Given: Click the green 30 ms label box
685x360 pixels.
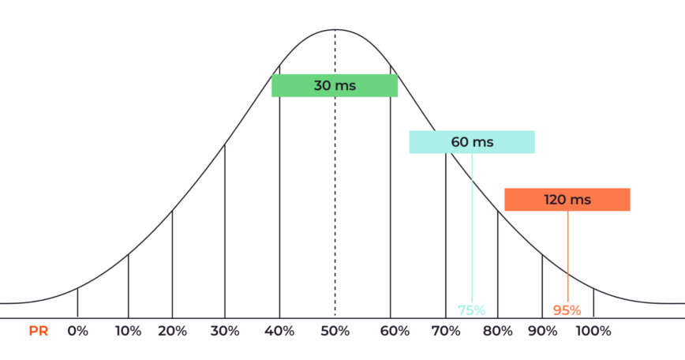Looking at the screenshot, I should (335, 85).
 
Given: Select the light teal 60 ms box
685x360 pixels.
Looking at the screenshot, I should (472, 142).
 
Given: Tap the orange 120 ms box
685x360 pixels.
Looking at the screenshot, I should (567, 200).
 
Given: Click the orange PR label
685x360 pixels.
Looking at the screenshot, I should (39, 332).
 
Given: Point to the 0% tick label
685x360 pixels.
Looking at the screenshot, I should (77, 332).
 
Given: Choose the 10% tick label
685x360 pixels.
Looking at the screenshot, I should (128, 332).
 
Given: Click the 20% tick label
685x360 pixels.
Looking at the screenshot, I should (172, 332).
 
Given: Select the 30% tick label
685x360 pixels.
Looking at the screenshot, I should (225, 332).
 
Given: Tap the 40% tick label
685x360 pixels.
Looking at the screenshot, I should (279, 332).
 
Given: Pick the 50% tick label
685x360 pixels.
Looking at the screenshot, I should (335, 332).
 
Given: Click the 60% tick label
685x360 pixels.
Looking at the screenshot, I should (390, 332).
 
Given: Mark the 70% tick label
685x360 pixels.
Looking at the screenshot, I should (446, 332).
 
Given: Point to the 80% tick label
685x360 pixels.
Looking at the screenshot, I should (497, 332).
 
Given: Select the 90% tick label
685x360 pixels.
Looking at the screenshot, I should (542, 332).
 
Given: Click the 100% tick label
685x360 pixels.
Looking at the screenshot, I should (593, 332).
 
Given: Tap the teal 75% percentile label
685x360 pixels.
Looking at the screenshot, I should (472, 310).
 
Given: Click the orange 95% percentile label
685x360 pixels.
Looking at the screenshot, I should (567, 310).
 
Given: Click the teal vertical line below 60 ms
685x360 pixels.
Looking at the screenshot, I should (472, 229).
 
